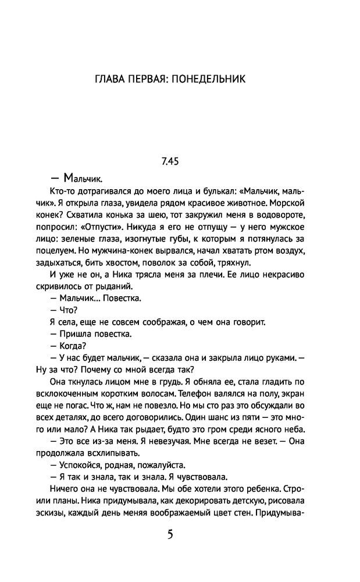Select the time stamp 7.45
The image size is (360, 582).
[x=170, y=162]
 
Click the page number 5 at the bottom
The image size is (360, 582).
[x=170, y=534]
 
